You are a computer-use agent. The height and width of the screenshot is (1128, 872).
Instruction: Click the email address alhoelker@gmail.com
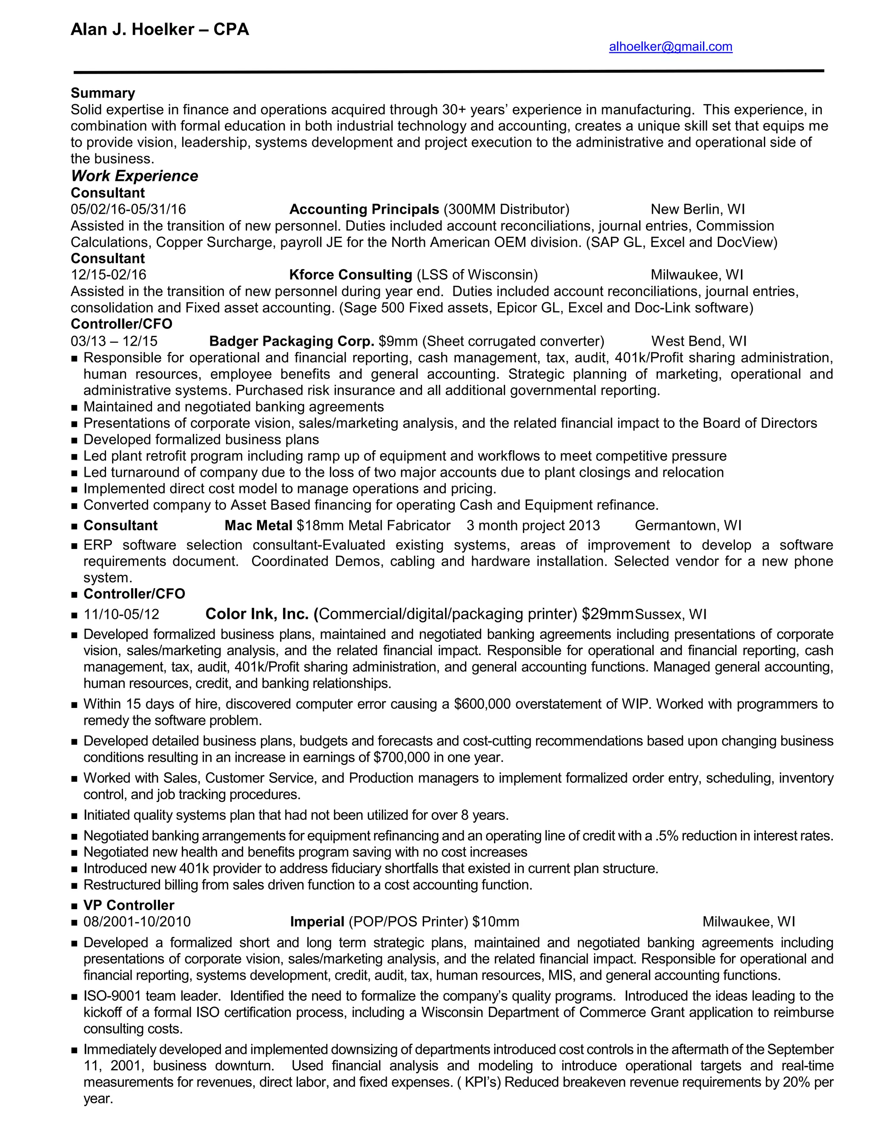click(670, 47)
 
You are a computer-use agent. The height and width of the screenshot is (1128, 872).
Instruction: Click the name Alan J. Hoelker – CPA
click(160, 29)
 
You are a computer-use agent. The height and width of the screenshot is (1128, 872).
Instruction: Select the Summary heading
click(103, 93)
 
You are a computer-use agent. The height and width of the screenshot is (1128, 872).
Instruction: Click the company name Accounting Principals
click(364, 209)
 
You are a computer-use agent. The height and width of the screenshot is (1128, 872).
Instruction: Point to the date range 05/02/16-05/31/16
click(128, 209)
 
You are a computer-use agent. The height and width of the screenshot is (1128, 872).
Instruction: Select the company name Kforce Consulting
click(350, 275)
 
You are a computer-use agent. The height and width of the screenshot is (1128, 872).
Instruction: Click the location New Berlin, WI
click(697, 209)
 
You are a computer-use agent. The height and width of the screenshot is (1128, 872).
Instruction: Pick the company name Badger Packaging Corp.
click(291, 341)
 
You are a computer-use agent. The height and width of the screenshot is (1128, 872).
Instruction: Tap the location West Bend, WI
click(698, 341)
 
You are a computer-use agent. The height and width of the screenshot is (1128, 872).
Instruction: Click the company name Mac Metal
click(258, 525)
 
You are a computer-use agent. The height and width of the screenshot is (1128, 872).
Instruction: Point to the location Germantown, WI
click(688, 525)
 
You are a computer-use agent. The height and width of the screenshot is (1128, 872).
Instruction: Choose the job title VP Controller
click(129, 905)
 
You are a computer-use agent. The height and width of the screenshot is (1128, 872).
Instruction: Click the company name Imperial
click(317, 922)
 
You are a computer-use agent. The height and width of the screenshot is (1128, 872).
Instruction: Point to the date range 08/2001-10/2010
click(137, 922)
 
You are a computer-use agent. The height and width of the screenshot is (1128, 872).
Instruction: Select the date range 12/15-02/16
click(109, 275)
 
